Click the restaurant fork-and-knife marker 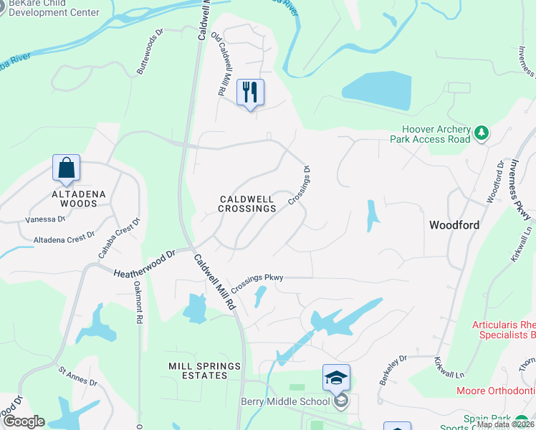pyautogui.click(x=250, y=92)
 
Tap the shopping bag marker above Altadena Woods pyautogui.click(x=66, y=168)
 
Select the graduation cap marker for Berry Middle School pyautogui.click(x=336, y=377)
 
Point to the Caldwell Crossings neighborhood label pyautogui.click(x=247, y=204)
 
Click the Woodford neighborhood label pyautogui.click(x=454, y=225)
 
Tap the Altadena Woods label pyautogui.click(x=74, y=199)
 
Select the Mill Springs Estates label pyautogui.click(x=205, y=371)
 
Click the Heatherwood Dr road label pyautogui.click(x=145, y=263)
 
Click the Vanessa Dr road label pyautogui.click(x=45, y=220)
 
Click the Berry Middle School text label pyautogui.click(x=285, y=401)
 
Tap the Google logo pyautogui.click(x=23, y=421)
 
